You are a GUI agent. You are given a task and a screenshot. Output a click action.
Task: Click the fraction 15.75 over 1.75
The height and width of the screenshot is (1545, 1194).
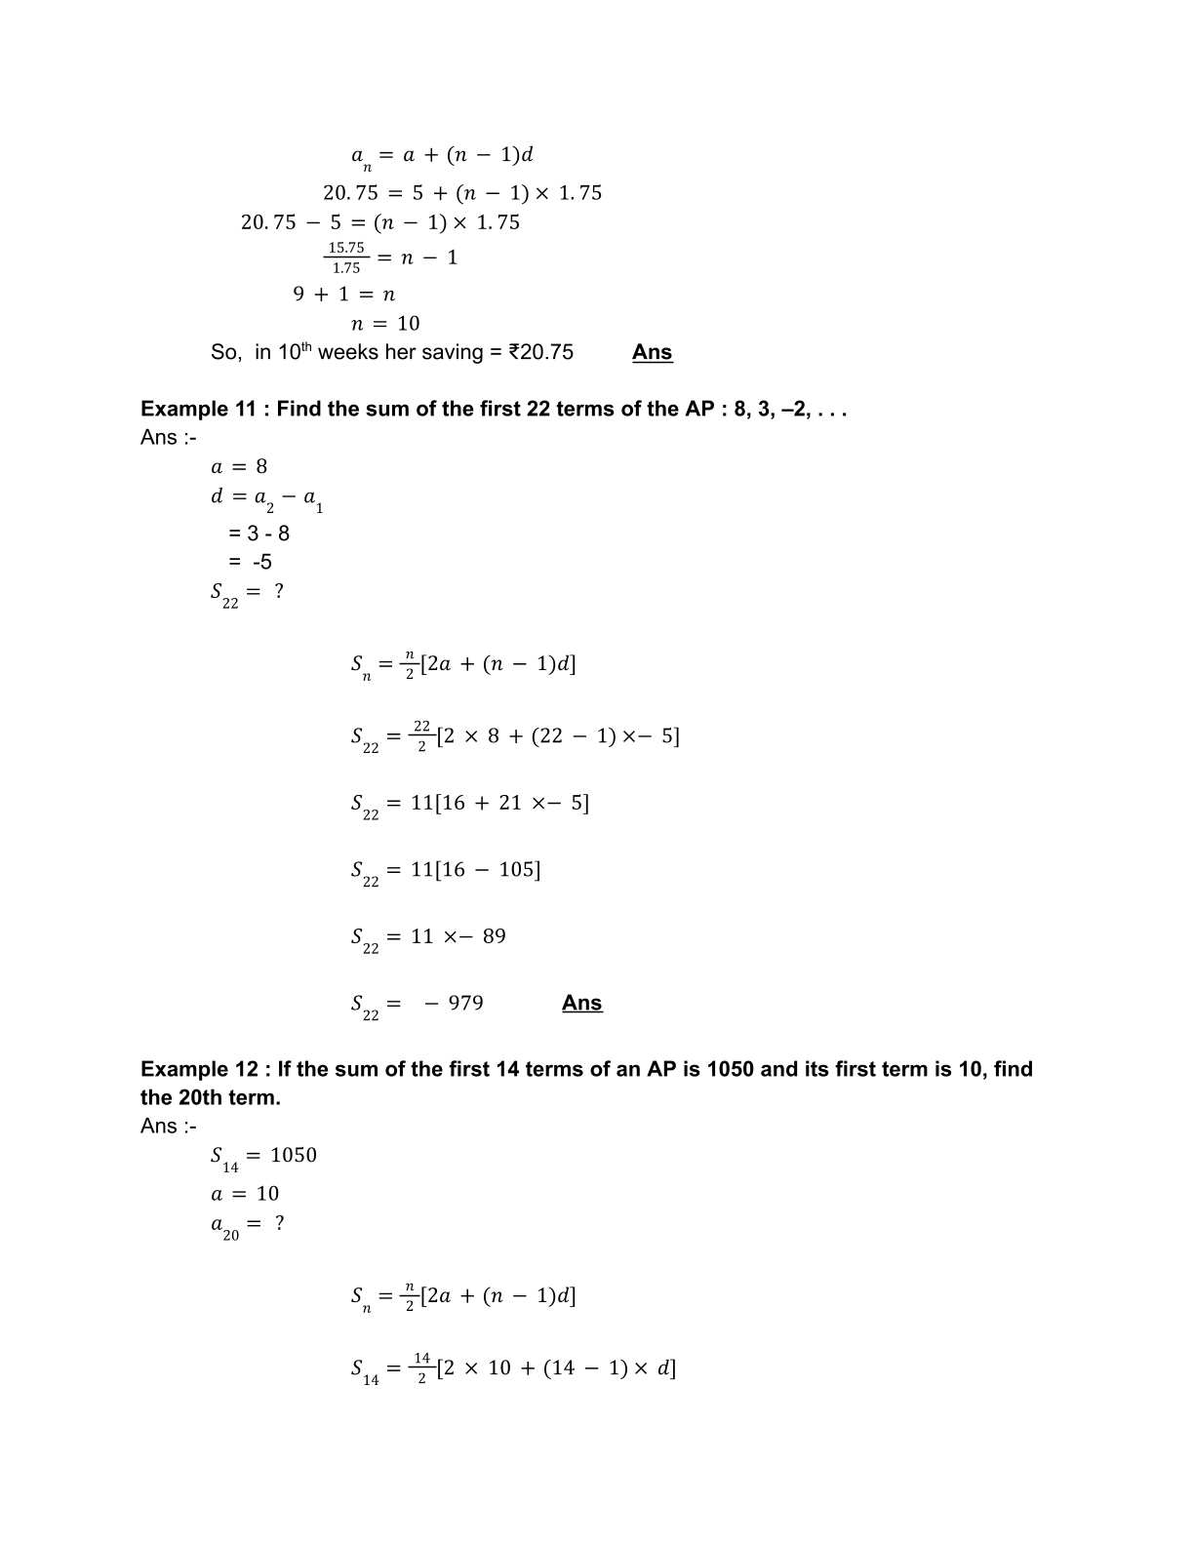pyautogui.click(x=346, y=257)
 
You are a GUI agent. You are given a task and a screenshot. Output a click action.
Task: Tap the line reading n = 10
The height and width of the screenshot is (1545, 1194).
pyautogui.click(x=385, y=323)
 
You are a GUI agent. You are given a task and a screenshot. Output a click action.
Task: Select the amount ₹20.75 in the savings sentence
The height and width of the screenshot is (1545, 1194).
pyautogui.click(x=541, y=352)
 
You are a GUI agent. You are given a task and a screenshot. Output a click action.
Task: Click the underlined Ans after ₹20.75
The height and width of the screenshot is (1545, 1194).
pyautogui.click(x=652, y=352)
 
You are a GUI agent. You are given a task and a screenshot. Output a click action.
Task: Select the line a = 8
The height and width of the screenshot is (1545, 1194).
pyautogui.click(x=239, y=466)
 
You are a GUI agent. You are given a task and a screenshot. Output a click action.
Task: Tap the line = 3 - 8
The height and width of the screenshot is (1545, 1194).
pyautogui.click(x=259, y=534)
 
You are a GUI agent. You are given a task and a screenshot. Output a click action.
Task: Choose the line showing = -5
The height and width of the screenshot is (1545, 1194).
pyautogui.click(x=250, y=562)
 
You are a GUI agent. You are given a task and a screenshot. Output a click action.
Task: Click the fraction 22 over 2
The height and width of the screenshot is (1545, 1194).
pyautogui.click(x=421, y=735)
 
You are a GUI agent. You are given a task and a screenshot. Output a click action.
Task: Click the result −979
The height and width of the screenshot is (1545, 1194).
pyautogui.click(x=454, y=1003)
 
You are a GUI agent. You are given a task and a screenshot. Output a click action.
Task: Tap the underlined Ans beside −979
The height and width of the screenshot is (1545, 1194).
pyautogui.click(x=581, y=1003)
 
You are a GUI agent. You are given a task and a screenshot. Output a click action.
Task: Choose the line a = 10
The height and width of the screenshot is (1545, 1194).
pyautogui.click(x=245, y=1194)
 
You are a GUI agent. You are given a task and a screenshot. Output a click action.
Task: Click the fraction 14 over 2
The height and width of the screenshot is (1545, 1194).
pyautogui.click(x=421, y=1367)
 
